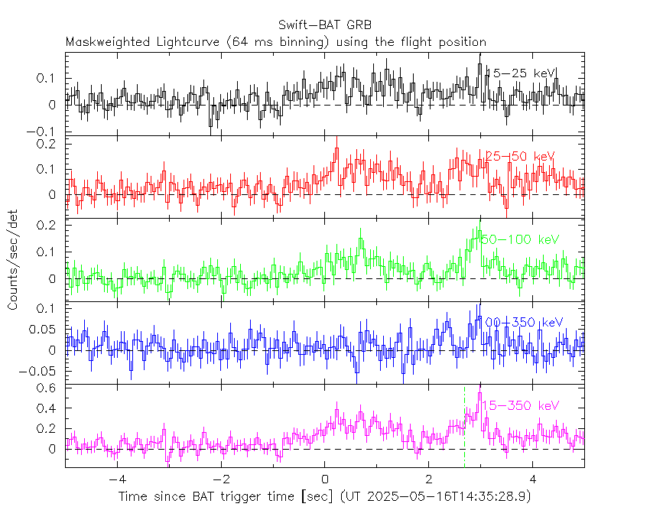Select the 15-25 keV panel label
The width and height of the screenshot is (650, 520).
(523, 73)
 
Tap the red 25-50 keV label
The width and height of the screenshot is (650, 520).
(520, 157)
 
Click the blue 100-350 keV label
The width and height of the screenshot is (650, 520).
(524, 323)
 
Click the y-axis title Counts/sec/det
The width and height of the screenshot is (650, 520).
(13, 261)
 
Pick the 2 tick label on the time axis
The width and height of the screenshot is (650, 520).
(428, 480)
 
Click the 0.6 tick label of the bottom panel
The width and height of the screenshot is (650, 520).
(48, 388)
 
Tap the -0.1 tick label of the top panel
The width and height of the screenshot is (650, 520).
(43, 131)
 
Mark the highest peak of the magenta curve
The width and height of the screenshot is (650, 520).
(479, 394)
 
